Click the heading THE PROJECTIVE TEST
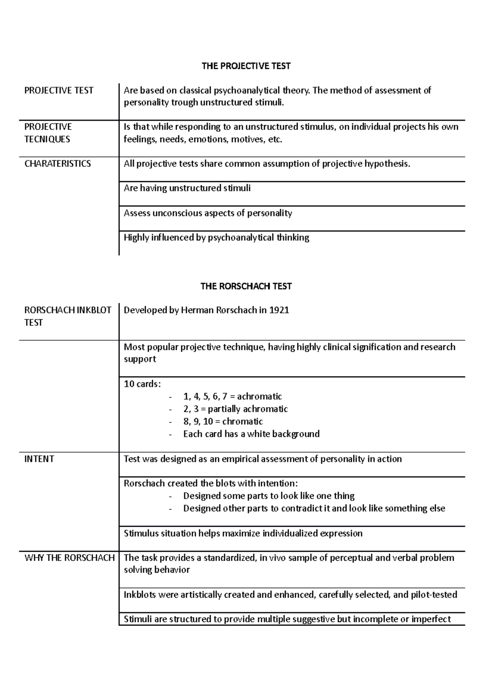coord(246,66)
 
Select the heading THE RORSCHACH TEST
coord(246,286)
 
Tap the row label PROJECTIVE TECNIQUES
coord(48,133)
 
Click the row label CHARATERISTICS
coord(58,164)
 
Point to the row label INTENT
coord(39,459)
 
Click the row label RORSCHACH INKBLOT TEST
coord(68,316)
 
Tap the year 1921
coord(279,310)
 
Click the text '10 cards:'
coord(143,384)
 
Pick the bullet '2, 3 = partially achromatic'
coord(235,409)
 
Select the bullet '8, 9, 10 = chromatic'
coord(223,421)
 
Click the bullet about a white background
coord(251,434)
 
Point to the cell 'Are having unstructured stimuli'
coord(187,189)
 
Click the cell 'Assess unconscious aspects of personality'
coord(208,213)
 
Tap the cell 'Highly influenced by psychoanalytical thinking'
coord(216,238)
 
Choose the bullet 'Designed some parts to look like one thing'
coord(269,496)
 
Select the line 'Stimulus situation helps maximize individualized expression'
coord(243,533)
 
